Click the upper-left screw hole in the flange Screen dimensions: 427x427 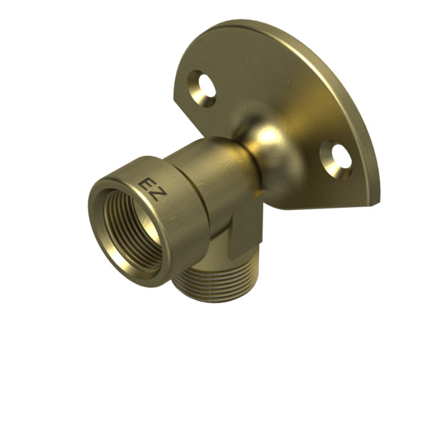pos(202,88)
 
